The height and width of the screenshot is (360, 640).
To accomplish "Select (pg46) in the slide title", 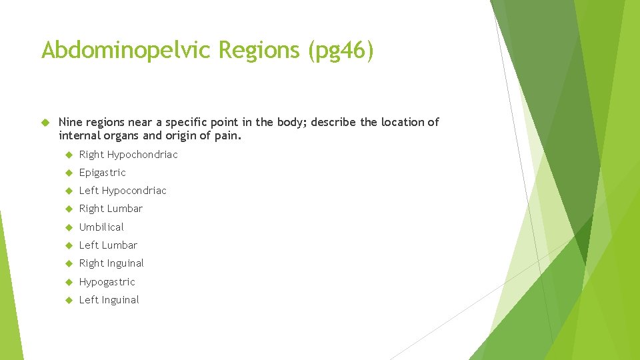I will pyautogui.click(x=341, y=50).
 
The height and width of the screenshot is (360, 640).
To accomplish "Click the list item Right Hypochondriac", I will pyautogui.click(x=128, y=155).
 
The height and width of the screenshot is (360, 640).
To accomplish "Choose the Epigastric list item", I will pyautogui.click(x=102, y=173).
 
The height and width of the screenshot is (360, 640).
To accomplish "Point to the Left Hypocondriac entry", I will pyautogui.click(x=123, y=191).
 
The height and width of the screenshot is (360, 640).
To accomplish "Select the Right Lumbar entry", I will pyautogui.click(x=111, y=209).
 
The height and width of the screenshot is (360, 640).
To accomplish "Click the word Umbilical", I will pyautogui.click(x=101, y=227).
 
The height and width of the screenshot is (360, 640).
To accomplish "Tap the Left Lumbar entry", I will pyautogui.click(x=108, y=245).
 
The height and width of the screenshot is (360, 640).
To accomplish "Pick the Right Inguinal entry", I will pyautogui.click(x=111, y=263).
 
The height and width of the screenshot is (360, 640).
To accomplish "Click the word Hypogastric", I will pyautogui.click(x=107, y=282).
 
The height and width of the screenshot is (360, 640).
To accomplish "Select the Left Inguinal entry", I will pyautogui.click(x=109, y=300).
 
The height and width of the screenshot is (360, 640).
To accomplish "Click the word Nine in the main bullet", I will pyautogui.click(x=69, y=122).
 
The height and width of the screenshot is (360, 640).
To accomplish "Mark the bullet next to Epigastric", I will pyautogui.click(x=68, y=173).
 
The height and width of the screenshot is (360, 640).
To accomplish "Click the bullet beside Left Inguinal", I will pyautogui.click(x=68, y=300).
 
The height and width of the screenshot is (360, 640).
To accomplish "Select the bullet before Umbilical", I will pyautogui.click(x=68, y=227).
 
